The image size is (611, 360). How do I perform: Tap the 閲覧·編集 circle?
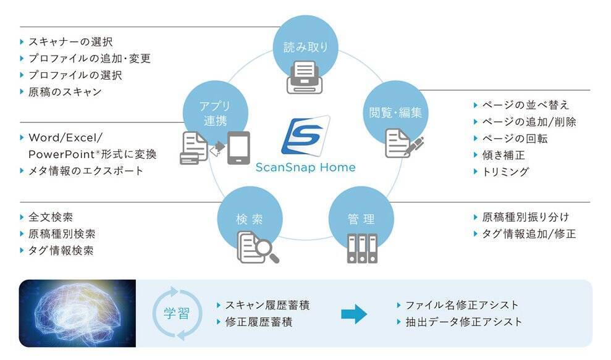pyautogui.click(x=395, y=112)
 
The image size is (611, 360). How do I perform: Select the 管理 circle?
pyautogui.click(x=360, y=219)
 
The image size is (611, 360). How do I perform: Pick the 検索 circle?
pyautogui.click(x=250, y=219)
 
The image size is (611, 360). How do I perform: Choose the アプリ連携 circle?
pyautogui.click(x=215, y=113)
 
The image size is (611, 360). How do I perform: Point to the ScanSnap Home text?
pyautogui.click(x=305, y=167)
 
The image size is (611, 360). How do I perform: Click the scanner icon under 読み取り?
pyautogui.click(x=305, y=78)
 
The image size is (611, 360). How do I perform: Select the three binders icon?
pyautogui.click(x=363, y=248)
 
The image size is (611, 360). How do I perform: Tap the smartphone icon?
pyautogui.click(x=238, y=148)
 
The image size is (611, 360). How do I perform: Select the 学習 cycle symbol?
pyautogui.click(x=177, y=314)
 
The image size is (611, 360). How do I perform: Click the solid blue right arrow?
pyautogui.click(x=354, y=314)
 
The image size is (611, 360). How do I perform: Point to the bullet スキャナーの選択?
pyautogui.click(x=70, y=43)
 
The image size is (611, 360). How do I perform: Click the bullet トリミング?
pyautogui.click(x=505, y=172)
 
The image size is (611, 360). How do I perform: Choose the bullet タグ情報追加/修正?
pyautogui.click(x=528, y=234)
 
